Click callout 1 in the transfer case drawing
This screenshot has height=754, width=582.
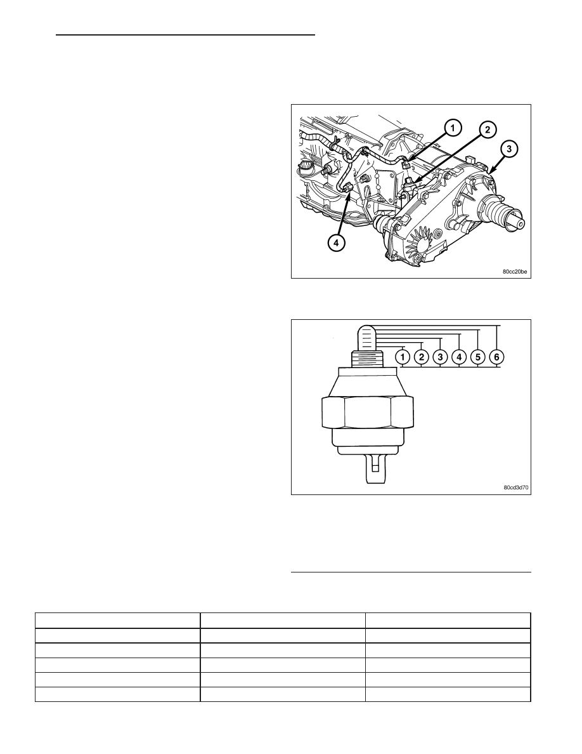(453, 128)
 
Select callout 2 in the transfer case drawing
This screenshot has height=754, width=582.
(488, 129)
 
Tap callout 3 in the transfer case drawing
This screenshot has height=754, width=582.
(509, 149)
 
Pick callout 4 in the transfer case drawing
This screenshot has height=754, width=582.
(336, 243)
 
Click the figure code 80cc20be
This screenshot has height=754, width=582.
(515, 272)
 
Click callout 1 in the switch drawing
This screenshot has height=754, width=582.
(402, 357)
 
